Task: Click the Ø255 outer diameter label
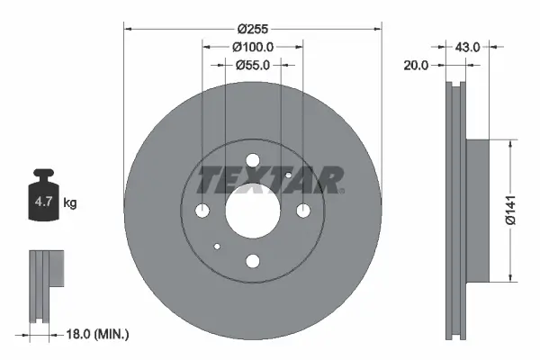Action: (253, 27)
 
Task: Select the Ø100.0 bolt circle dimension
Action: (253, 46)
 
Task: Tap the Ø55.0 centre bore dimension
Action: (253, 65)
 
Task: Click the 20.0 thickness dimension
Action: (417, 65)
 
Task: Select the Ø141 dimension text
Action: (510, 209)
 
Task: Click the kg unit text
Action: (70, 202)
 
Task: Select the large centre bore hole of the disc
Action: (253, 211)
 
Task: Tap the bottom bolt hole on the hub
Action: (253, 261)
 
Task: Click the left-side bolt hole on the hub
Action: (202, 211)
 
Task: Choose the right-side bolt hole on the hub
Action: (304, 211)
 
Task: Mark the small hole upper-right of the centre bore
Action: (287, 175)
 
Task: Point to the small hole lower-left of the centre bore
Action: (218, 246)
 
